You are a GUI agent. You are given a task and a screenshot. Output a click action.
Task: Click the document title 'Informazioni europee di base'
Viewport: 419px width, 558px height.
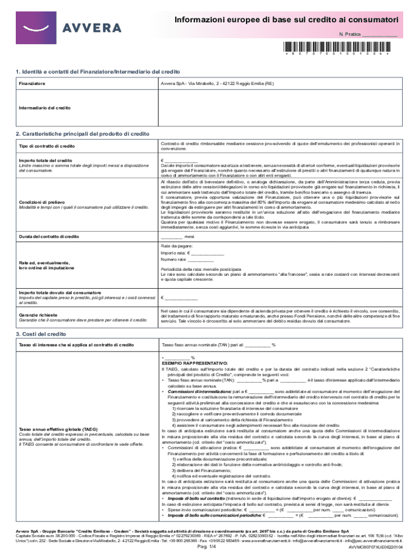(285, 20)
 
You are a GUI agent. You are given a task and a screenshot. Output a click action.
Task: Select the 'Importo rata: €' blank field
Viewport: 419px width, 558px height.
(207, 253)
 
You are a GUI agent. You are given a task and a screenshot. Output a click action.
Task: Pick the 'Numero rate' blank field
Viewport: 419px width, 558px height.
(200, 260)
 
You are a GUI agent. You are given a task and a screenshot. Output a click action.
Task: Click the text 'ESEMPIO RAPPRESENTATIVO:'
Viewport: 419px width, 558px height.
(194, 362)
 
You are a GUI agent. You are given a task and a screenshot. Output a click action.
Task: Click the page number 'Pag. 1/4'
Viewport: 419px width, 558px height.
(209, 547)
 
